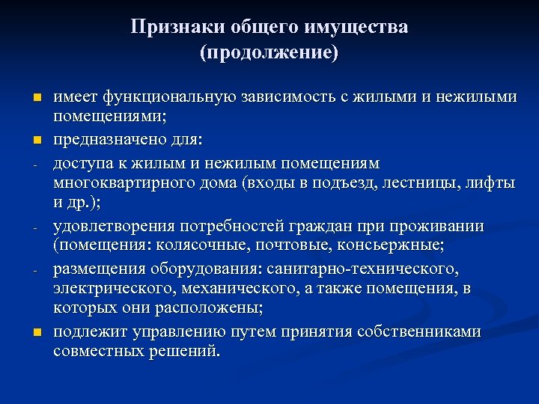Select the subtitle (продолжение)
(x=269, y=53)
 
